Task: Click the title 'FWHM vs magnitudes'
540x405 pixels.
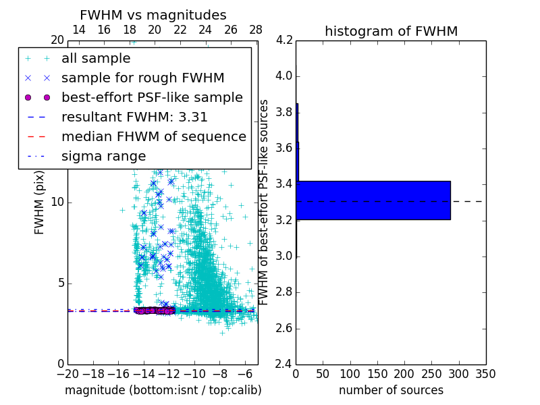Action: pyautogui.click(x=153, y=15)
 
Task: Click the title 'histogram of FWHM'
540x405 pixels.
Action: pyautogui.click(x=391, y=31)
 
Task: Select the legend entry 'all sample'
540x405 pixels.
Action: pyautogui.click(x=96, y=59)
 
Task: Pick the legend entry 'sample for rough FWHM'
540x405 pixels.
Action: pyautogui.click(x=142, y=78)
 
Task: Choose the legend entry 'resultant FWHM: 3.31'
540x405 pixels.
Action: pyautogui.click(x=134, y=117)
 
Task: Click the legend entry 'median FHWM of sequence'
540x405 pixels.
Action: pyautogui.click(x=153, y=136)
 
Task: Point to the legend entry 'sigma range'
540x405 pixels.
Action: pyautogui.click(x=103, y=156)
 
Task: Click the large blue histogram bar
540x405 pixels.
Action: pyautogui.click(x=373, y=200)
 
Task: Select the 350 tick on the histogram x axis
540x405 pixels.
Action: pyautogui.click(x=485, y=374)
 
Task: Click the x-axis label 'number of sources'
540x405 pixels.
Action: pyautogui.click(x=391, y=390)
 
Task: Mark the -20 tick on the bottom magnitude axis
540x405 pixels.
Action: pyautogui.click(x=67, y=374)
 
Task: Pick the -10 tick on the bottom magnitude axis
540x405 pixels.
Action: pyautogui.click(x=194, y=374)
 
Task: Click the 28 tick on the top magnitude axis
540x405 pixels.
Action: pyautogui.click(x=256, y=30)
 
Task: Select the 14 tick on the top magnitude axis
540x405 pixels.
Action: pyautogui.click(x=78, y=30)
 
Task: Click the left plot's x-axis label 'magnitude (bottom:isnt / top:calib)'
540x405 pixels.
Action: pyautogui.click(x=163, y=390)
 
